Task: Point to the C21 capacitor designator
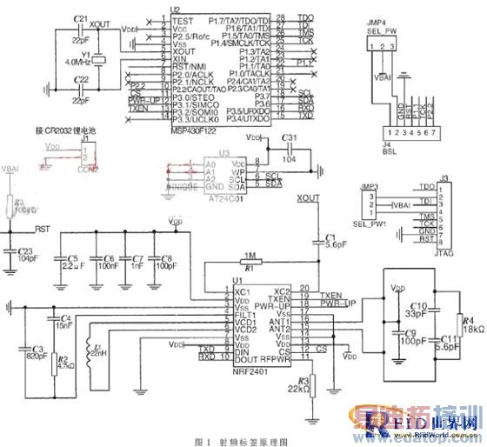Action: pyautogui.click(x=81, y=17)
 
